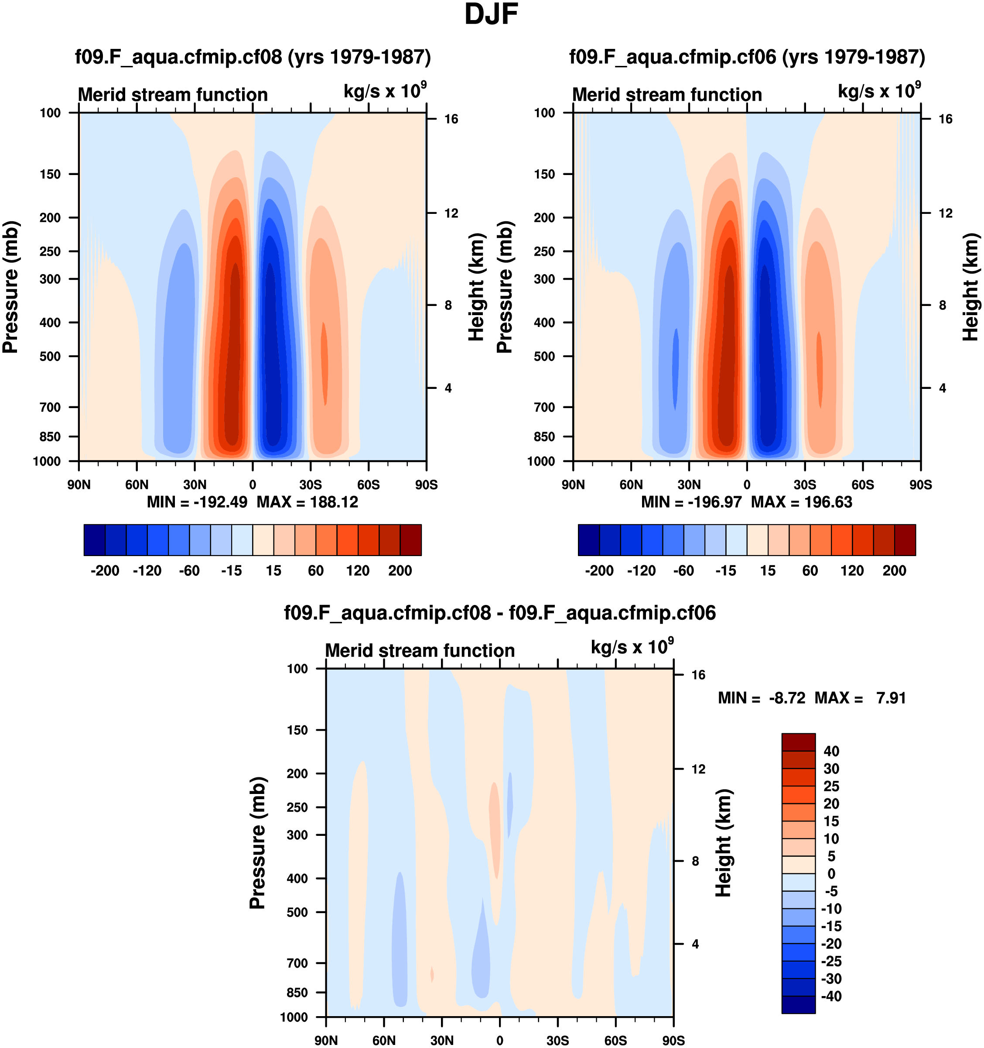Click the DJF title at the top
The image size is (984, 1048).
pyautogui.click(x=491, y=15)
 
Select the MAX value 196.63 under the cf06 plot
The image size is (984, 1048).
pyautogui.click(x=828, y=502)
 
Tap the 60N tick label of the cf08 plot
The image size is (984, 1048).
pyautogui.click(x=137, y=485)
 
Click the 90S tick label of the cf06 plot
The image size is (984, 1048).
pyautogui.click(x=920, y=485)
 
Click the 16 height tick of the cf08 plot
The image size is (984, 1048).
pyautogui.click(x=451, y=119)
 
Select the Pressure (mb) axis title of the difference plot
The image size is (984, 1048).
pyautogui.click(x=258, y=842)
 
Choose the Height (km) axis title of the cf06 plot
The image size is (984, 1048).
pyautogui.click(x=970, y=287)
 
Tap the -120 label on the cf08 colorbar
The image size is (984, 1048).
pyautogui.click(x=147, y=571)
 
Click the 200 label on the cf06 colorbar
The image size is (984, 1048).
pyautogui.click(x=894, y=571)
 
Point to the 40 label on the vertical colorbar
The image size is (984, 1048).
pyautogui.click(x=831, y=751)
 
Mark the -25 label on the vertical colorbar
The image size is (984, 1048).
pyautogui.click(x=831, y=961)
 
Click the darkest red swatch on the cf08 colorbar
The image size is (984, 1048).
pyautogui.click(x=411, y=540)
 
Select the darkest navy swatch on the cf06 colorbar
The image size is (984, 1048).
pyautogui.click(x=589, y=540)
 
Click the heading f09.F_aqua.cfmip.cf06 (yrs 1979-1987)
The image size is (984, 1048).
pyautogui.click(x=747, y=57)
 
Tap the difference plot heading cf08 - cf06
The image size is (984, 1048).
pyautogui.click(x=499, y=613)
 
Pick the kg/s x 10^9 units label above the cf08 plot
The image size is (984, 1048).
pyautogui.click(x=385, y=91)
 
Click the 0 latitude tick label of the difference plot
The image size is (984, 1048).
pyautogui.click(x=500, y=1041)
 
